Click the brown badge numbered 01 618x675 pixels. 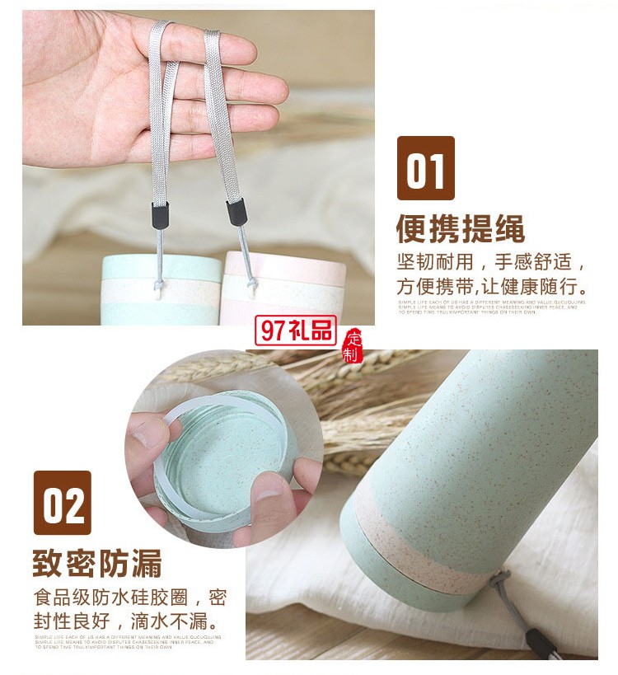click(x=425, y=167)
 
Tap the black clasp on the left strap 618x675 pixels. click(x=160, y=213)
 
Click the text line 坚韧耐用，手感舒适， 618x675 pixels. click(x=491, y=264)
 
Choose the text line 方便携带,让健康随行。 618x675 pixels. click(x=491, y=288)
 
